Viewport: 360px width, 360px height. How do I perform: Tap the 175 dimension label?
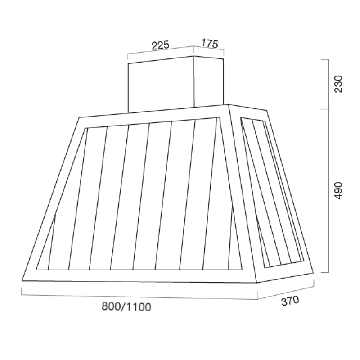point(209,44)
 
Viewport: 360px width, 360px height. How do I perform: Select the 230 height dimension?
point(338,84)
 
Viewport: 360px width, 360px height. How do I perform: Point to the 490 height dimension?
point(338,191)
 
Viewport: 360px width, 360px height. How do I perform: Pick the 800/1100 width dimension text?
point(126,307)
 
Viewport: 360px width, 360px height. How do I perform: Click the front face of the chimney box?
point(161,85)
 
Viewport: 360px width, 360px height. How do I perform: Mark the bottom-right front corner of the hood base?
point(257,283)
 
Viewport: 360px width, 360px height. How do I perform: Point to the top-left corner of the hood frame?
point(80,118)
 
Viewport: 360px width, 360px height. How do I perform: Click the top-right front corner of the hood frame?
point(229,106)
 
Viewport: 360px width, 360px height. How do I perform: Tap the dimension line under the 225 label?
point(161,51)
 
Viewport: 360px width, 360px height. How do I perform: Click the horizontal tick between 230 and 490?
point(327,109)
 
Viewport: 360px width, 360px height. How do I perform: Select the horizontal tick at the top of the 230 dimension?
point(327,59)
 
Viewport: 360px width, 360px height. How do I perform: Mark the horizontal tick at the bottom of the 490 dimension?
point(327,273)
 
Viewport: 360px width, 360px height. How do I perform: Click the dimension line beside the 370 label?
point(285,291)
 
